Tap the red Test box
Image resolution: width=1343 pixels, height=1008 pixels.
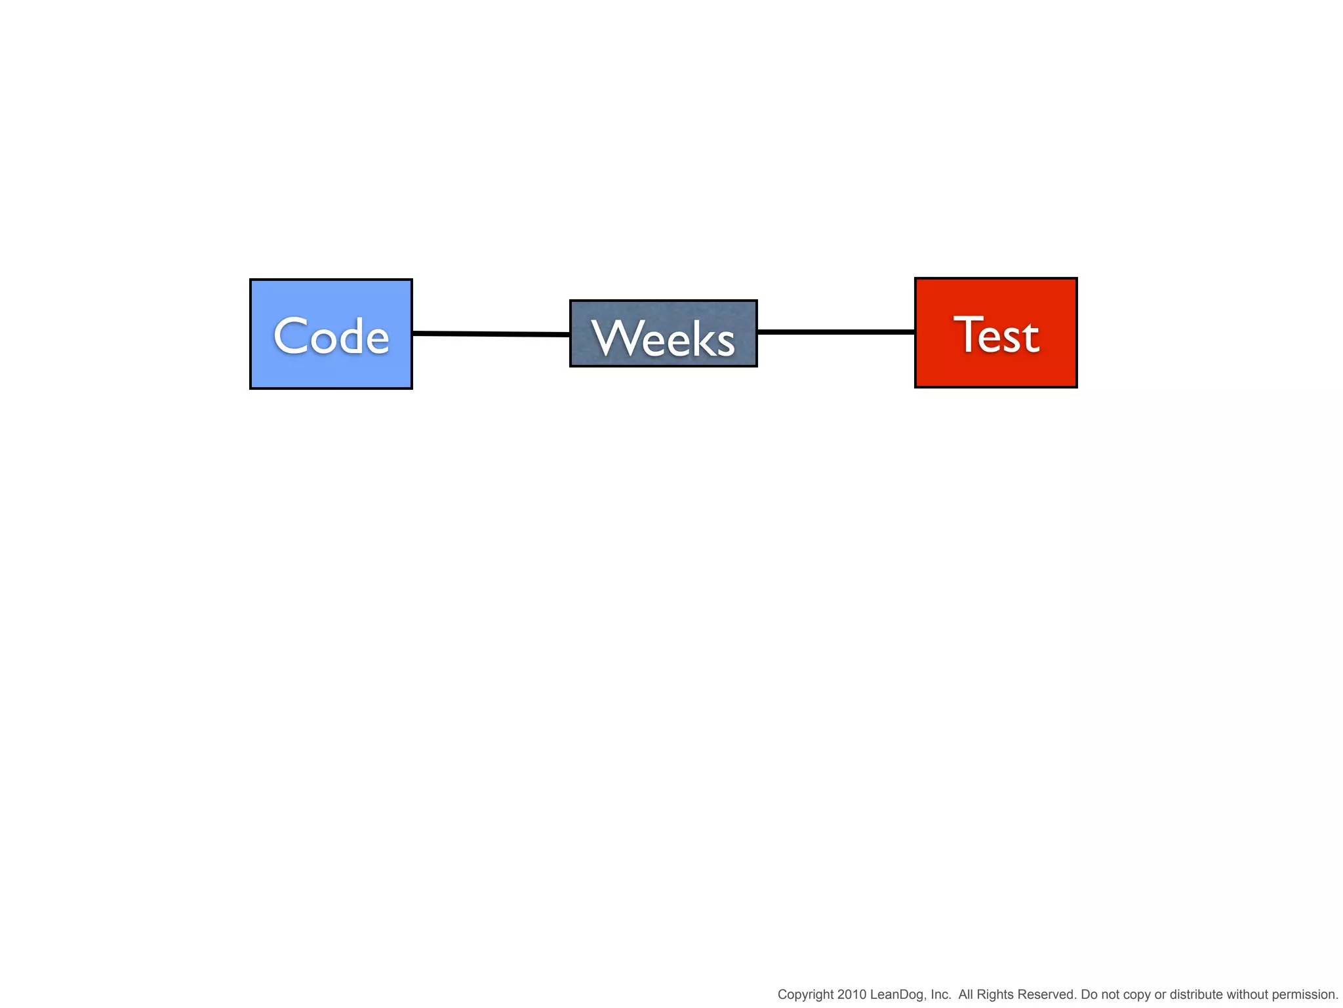tap(995, 371)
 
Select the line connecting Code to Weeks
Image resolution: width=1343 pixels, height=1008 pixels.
tap(491, 334)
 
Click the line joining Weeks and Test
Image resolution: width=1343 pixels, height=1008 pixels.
tap(836, 332)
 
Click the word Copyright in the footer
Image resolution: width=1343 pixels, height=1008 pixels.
tap(805, 995)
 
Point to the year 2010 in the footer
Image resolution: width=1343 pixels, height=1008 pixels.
tap(851, 995)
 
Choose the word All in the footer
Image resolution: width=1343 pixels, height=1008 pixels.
tap(966, 995)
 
